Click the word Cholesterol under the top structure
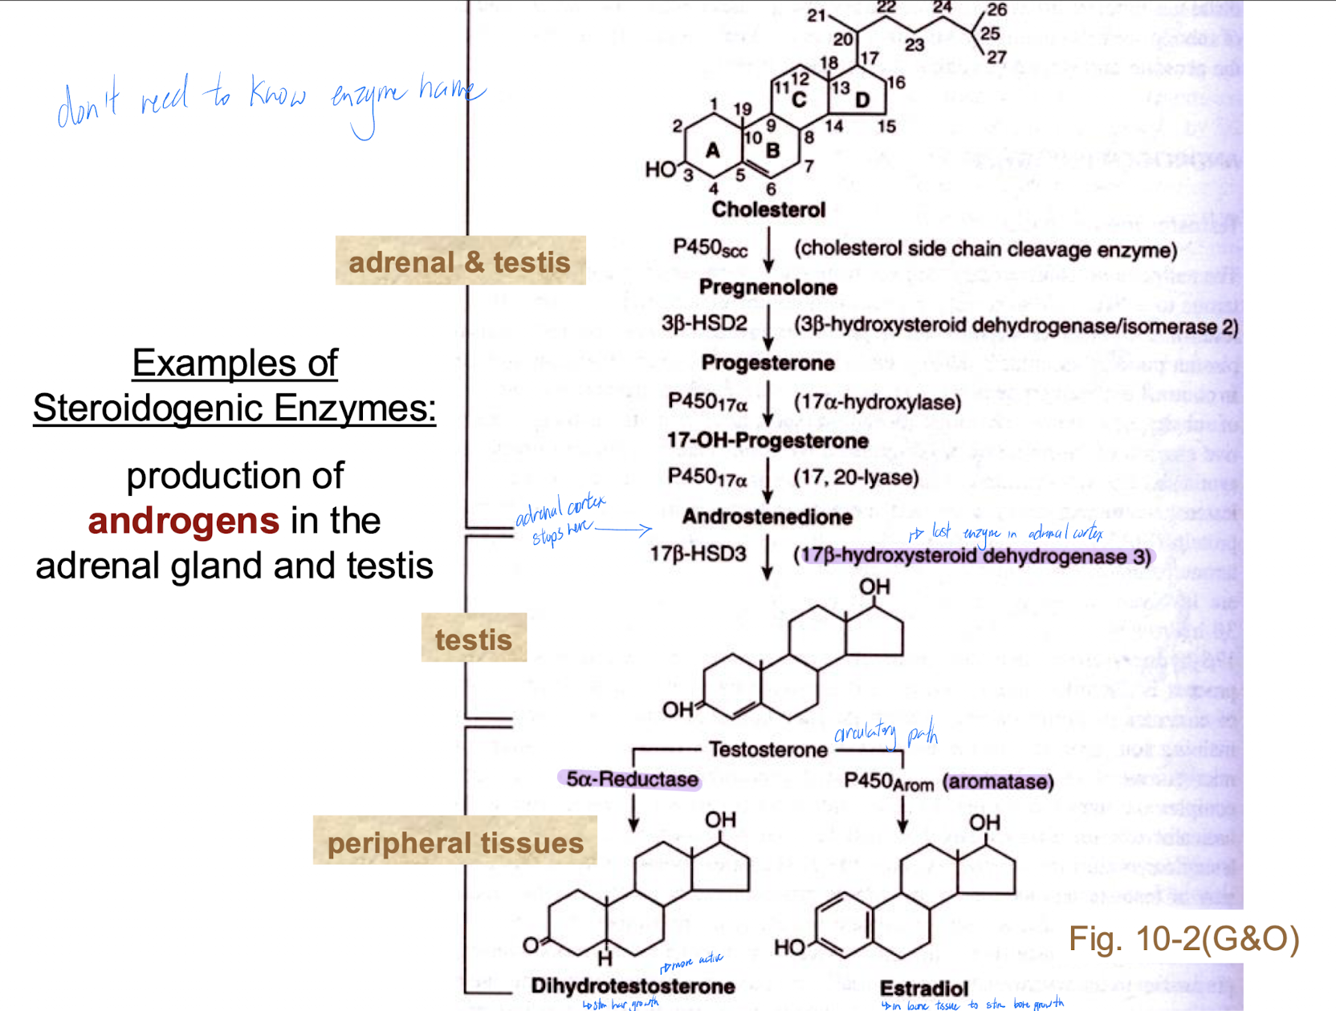(768, 210)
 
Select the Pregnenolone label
(768, 287)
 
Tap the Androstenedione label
(767, 517)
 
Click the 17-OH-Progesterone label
(767, 441)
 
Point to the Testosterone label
(768, 749)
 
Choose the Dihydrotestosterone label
(633, 986)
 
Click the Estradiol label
(923, 989)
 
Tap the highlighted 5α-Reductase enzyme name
(631, 779)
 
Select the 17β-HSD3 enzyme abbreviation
(697, 554)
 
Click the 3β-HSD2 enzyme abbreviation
(703, 323)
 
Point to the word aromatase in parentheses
(998, 782)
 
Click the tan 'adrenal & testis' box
(459, 262)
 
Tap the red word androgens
(183, 521)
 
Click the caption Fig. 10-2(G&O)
(1183, 939)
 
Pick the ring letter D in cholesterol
(862, 100)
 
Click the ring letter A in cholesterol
(712, 150)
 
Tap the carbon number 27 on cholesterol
(996, 57)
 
